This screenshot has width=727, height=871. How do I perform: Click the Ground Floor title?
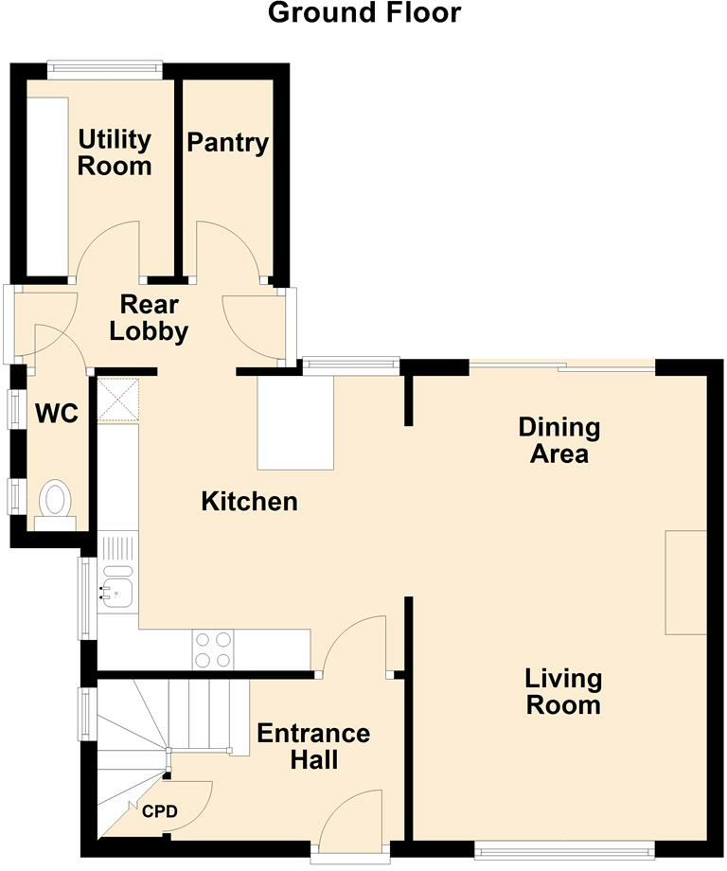tap(364, 12)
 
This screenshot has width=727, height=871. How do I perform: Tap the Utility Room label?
tap(115, 152)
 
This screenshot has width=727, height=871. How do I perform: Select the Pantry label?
tap(228, 143)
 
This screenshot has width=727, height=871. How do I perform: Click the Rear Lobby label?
tap(149, 318)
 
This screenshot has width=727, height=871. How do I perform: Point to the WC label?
tap(57, 414)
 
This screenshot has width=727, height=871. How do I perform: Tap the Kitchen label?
tap(249, 501)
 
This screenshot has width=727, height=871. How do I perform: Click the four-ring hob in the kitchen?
tap(213, 649)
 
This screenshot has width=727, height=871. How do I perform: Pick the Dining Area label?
tap(559, 440)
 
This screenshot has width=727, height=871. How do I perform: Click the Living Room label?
tap(564, 691)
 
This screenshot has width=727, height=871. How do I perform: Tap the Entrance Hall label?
tap(313, 746)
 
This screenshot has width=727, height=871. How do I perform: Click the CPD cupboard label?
tap(160, 811)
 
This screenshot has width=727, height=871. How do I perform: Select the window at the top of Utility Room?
tap(105, 68)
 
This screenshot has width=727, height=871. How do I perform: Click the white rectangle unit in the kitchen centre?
tap(295, 421)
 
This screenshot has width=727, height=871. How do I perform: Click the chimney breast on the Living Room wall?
tap(686, 582)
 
